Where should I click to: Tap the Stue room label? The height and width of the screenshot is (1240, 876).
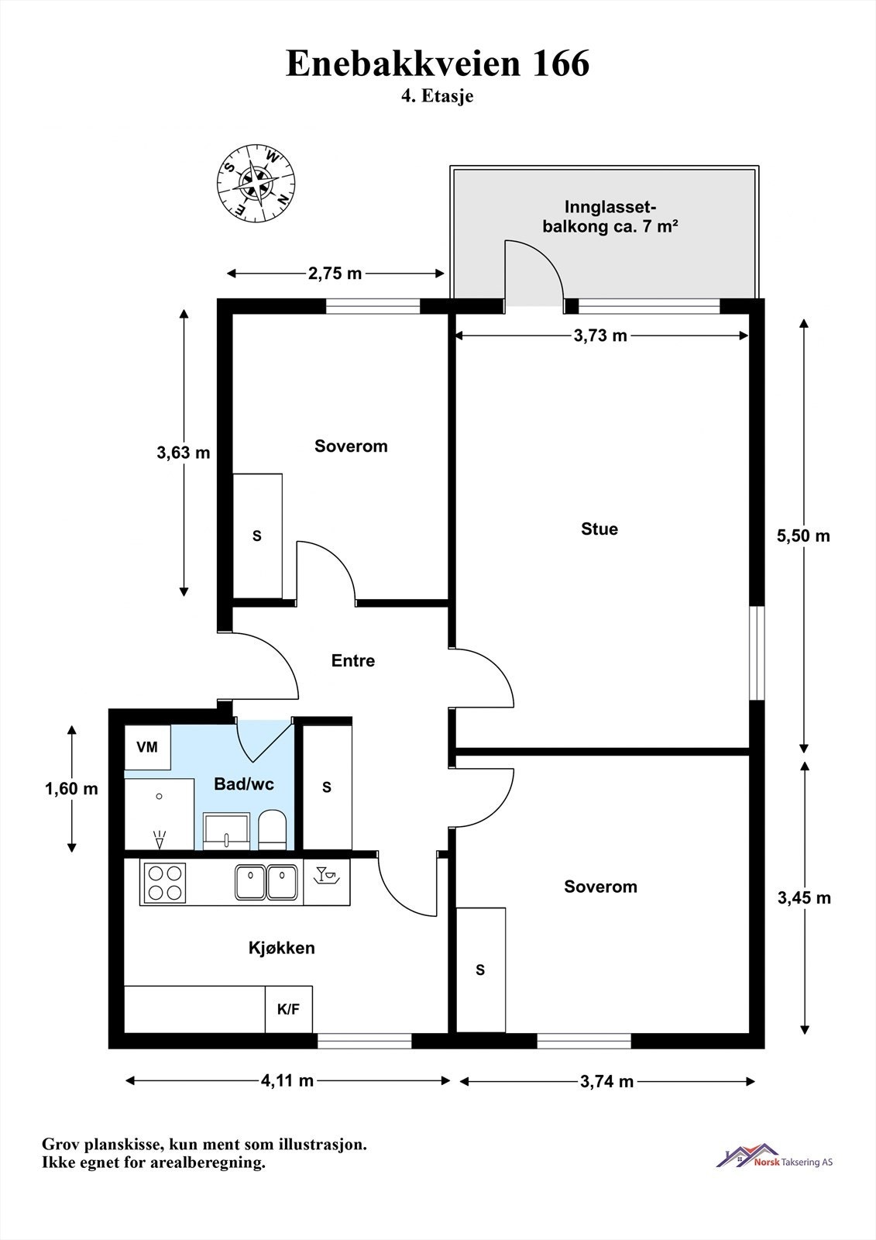(x=599, y=529)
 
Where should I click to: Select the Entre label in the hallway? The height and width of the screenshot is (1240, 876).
(x=353, y=660)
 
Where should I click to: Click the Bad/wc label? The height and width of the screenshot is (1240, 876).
(x=244, y=784)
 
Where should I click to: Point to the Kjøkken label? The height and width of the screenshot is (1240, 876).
(x=282, y=948)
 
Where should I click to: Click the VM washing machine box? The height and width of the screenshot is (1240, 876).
(x=147, y=747)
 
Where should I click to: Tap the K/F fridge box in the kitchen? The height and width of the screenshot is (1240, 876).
(x=288, y=1009)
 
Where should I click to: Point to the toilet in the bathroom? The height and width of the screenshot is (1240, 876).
(x=273, y=830)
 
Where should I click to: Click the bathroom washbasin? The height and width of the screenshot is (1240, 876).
(x=226, y=831)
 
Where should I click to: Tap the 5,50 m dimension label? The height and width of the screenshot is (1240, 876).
(x=803, y=536)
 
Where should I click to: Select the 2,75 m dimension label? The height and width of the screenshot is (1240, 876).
(x=335, y=274)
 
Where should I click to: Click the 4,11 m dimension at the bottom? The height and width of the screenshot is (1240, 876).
(x=287, y=1080)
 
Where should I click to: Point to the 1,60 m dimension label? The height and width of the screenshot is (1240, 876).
(x=71, y=788)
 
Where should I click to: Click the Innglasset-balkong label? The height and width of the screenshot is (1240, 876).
(x=610, y=216)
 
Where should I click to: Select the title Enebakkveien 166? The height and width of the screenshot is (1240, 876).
(x=438, y=63)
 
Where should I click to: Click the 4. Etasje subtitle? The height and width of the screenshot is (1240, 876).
(x=437, y=96)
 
